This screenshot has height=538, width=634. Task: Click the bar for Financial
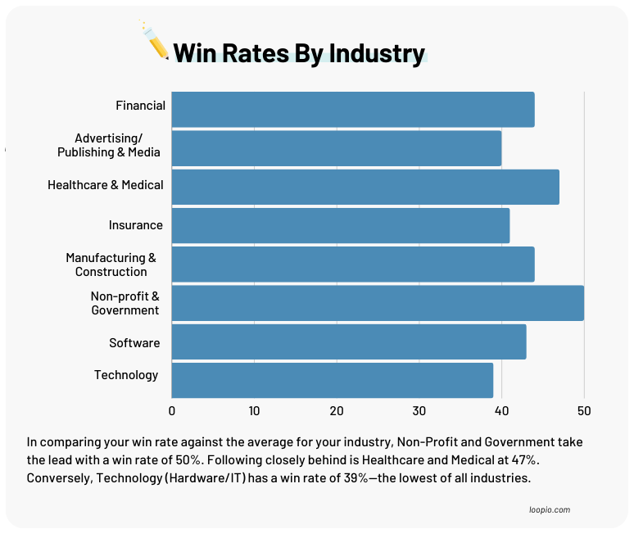click(x=353, y=110)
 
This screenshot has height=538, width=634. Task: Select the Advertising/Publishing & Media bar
click(x=336, y=148)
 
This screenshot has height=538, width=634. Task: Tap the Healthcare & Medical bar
click(x=365, y=187)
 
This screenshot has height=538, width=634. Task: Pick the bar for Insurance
click(x=340, y=225)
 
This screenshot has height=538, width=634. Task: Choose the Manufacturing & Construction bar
click(x=353, y=264)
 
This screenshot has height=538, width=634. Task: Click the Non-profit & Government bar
click(x=378, y=303)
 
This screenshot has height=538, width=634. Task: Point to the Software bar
click(x=349, y=341)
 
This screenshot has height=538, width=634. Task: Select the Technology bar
click(x=332, y=380)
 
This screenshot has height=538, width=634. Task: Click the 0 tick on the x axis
click(x=172, y=410)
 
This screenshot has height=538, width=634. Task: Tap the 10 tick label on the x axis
click(x=254, y=410)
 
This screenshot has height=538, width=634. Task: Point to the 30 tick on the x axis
click(x=419, y=410)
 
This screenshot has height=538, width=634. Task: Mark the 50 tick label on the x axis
click(x=584, y=410)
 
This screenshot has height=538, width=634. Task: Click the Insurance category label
click(x=136, y=225)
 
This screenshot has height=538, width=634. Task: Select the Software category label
click(x=134, y=342)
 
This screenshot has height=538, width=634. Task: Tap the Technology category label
click(x=126, y=375)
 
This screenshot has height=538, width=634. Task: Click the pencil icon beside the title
click(x=156, y=41)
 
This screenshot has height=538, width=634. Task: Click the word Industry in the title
click(x=378, y=53)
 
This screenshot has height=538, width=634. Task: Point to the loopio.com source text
click(x=550, y=509)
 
